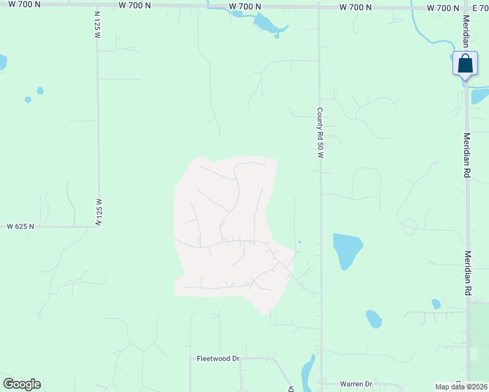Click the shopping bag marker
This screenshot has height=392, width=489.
pos(465,65)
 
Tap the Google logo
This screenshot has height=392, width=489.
pos(22,384)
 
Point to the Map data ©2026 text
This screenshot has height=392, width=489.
pos(462,387)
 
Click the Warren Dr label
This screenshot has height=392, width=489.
pos(356,384)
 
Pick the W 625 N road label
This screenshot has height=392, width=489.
pos(20,227)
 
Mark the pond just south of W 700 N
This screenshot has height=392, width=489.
pos(267,24)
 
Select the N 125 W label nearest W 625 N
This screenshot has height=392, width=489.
pos(98,212)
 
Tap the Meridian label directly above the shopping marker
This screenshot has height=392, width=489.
pos(466,32)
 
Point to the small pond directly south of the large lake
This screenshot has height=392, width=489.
pos(373,319)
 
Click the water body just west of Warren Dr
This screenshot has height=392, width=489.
pos(307,375)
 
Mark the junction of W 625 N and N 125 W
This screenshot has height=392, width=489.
pos(99,227)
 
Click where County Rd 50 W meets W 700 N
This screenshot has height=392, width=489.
pos(319,7)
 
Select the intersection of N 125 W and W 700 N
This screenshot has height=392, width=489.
pos(97,5)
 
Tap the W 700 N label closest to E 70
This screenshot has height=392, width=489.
pos(443,8)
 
